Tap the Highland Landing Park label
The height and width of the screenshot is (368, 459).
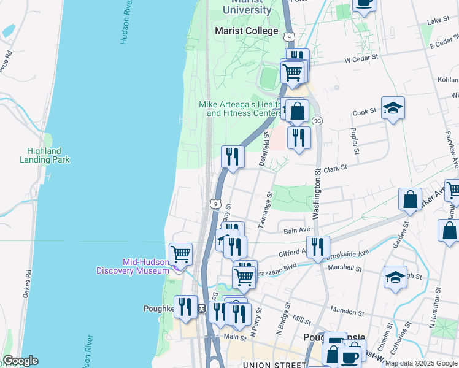(48, 155)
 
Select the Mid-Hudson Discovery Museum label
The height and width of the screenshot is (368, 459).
(145, 266)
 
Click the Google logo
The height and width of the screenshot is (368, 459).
(20, 361)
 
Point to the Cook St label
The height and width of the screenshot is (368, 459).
(364, 113)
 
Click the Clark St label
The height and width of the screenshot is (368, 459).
(335, 167)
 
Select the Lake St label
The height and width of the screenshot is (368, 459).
(438, 20)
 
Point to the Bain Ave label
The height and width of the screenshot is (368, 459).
(296, 231)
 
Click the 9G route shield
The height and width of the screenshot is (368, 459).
(317, 120)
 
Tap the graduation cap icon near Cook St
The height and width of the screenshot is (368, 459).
(393, 109)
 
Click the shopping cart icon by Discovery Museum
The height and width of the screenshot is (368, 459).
(180, 253)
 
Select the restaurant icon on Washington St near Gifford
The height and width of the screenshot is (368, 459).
(318, 247)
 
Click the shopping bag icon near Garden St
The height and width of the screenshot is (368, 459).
(410, 199)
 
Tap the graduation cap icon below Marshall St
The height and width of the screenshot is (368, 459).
(395, 277)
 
